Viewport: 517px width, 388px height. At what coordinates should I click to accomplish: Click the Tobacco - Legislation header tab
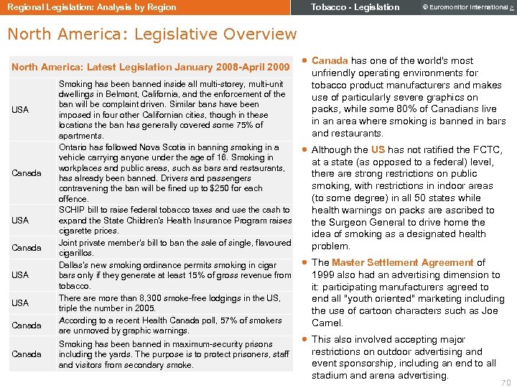[x=355, y=7]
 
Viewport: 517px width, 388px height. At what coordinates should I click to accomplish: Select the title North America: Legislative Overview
[x=152, y=34]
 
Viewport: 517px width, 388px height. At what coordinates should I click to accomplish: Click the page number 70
[x=505, y=384]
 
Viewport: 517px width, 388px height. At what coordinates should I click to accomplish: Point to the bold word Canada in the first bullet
[x=330, y=61]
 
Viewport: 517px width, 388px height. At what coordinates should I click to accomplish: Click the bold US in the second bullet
[x=378, y=149]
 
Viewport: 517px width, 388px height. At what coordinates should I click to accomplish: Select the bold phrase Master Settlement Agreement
[x=402, y=263]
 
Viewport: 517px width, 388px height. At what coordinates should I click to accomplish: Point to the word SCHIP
[x=72, y=210]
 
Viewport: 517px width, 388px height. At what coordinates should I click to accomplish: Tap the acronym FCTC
[x=488, y=149]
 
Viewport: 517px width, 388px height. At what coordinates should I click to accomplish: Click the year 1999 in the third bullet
[x=324, y=274]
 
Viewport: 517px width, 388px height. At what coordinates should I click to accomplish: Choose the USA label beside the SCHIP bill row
[x=20, y=221]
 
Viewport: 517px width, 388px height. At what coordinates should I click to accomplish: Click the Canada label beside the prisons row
[x=26, y=354]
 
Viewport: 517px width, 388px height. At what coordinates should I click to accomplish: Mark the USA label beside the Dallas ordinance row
[x=20, y=275]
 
